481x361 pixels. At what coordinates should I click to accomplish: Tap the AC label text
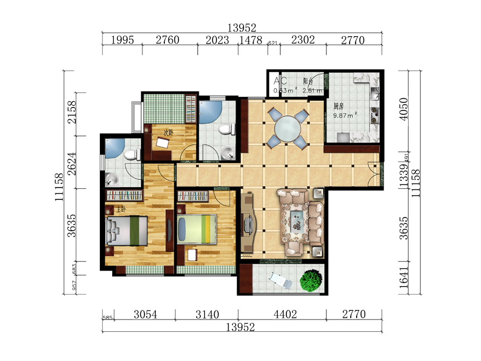coord(280,81)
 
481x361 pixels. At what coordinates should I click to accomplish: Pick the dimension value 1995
coord(122,40)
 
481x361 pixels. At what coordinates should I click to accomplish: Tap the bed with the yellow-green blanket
coord(198,229)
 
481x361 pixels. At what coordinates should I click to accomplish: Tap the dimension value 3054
coord(145,314)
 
